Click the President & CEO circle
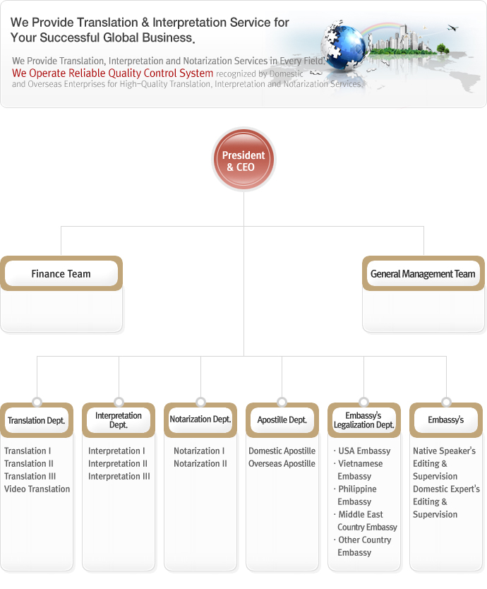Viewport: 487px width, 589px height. [243, 160]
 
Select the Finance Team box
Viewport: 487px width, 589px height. [61, 273]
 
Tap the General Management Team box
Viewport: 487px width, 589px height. [423, 273]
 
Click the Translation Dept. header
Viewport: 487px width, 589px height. [37, 420]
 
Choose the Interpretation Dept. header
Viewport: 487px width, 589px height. [119, 420]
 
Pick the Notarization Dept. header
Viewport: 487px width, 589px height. [200, 420]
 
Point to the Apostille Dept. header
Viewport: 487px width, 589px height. [282, 420]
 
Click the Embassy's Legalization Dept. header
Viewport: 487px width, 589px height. [364, 420]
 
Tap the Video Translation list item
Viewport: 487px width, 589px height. [37, 489]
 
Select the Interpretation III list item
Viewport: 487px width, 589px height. [119, 476]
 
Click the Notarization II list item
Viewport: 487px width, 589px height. [200, 463]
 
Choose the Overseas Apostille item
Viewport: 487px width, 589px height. [282, 463]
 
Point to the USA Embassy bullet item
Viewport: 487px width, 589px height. [362, 451]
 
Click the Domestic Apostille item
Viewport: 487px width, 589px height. [282, 451]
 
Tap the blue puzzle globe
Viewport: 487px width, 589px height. [344, 46]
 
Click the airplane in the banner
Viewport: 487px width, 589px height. [453, 28]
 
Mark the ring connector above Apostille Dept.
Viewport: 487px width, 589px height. [282, 402]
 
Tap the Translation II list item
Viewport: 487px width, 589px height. [29, 463]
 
